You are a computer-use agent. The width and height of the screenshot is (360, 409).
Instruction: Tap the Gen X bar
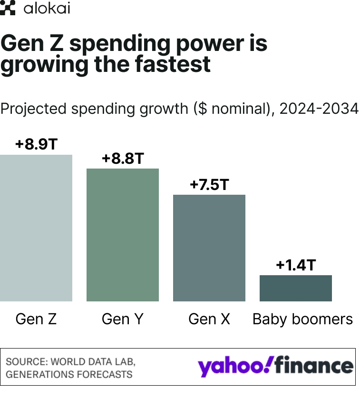tap(209, 248)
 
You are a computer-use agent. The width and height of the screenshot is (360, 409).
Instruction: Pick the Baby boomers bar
tap(296, 288)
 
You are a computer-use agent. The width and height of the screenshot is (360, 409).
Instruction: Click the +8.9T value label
tap(36, 144)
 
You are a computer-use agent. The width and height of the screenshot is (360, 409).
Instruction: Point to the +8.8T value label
tap(123, 159)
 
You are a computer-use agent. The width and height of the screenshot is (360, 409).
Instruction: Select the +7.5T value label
tap(209, 185)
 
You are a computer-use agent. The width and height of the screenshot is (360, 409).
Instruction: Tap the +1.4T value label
tap(296, 265)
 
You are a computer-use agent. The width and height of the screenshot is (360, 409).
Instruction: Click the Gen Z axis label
tap(36, 319)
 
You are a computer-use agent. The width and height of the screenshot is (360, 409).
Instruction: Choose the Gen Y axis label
tap(123, 319)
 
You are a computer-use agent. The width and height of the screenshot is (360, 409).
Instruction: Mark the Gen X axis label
tap(209, 319)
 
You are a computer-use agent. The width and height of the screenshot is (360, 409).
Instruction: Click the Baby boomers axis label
tap(303, 319)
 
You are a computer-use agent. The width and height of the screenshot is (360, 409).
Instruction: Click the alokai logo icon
tap(8, 9)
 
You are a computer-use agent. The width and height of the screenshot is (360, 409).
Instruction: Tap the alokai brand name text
tap(47, 9)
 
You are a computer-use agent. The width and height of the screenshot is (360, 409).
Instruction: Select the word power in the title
tap(190, 44)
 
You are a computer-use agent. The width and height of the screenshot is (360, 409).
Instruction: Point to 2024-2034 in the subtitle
tap(319, 109)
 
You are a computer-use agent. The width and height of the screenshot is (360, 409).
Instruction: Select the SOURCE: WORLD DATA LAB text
tap(70, 361)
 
